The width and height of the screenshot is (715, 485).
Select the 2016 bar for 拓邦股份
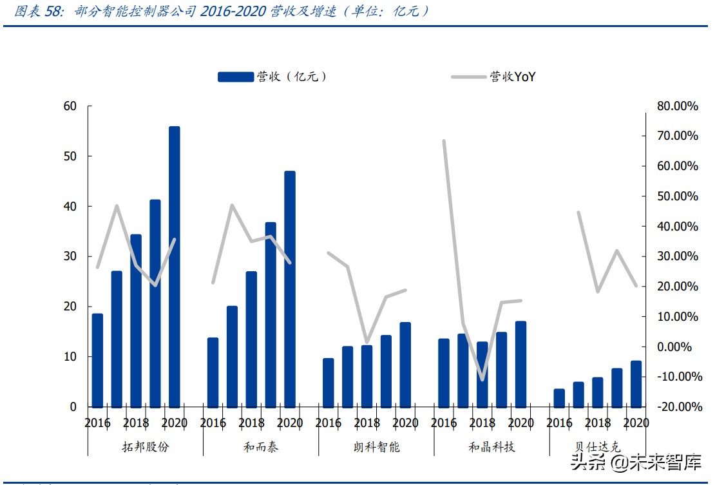(97, 360)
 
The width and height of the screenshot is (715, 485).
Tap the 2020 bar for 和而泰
(290, 289)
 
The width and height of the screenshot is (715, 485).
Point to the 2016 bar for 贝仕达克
(559, 398)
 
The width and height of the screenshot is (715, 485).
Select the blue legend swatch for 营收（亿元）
(235, 77)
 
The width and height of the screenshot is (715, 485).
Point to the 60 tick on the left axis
(70, 106)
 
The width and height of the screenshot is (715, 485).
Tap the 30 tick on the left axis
(70, 256)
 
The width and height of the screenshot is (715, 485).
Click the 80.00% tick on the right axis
(677, 106)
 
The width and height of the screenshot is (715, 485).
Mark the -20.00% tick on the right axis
(677, 407)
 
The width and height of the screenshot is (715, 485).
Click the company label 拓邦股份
(145, 446)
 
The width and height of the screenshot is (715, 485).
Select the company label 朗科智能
(377, 446)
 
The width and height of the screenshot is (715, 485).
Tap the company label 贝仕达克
(598, 446)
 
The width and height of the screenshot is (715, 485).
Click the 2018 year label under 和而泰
(251, 423)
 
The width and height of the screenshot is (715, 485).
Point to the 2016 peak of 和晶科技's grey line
(444, 140)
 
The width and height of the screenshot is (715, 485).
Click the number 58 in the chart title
(53, 12)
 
